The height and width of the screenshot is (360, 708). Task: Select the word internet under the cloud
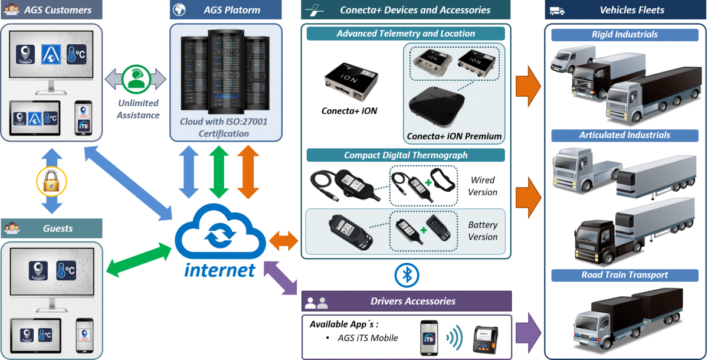click(219, 270)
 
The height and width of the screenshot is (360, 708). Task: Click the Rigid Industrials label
click(624, 34)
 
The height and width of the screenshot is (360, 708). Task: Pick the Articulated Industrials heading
click(624, 135)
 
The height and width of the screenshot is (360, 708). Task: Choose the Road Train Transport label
click(624, 274)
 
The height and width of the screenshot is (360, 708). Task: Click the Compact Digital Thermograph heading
click(405, 155)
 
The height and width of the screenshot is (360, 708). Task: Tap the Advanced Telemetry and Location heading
click(405, 34)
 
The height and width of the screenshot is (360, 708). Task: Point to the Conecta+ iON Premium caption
click(454, 136)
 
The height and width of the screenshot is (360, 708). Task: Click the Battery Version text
click(482, 231)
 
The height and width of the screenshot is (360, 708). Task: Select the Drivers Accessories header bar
click(406, 301)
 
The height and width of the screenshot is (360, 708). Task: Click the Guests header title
click(58, 228)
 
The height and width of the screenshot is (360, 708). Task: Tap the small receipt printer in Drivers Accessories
click(485, 340)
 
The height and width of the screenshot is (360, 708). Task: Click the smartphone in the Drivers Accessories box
click(429, 338)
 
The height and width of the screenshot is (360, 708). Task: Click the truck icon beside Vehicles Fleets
click(556, 10)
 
